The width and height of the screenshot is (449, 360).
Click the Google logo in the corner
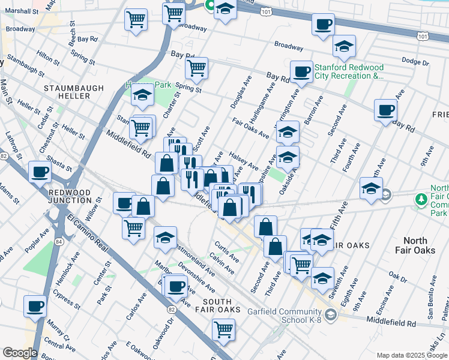tap(19, 352)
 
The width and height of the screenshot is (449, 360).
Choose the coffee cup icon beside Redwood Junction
tap(40, 172)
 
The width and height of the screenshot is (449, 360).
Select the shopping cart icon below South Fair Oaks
tap(223, 329)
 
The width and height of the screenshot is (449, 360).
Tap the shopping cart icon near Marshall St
tap(136, 19)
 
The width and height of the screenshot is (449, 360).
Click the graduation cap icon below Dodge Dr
tap(344, 46)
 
